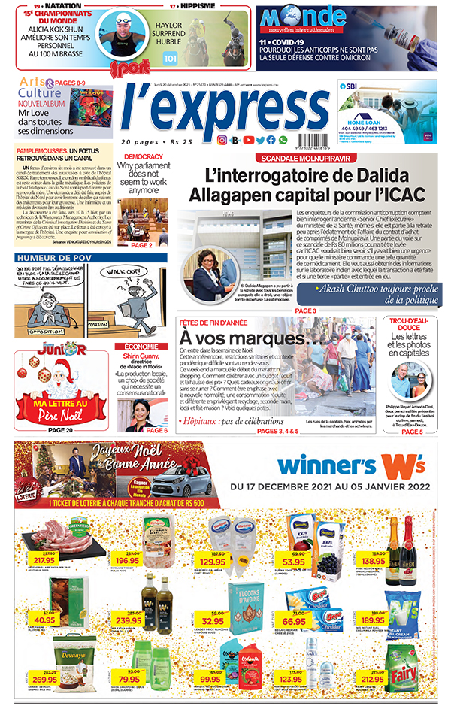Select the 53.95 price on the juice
point(293,561)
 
